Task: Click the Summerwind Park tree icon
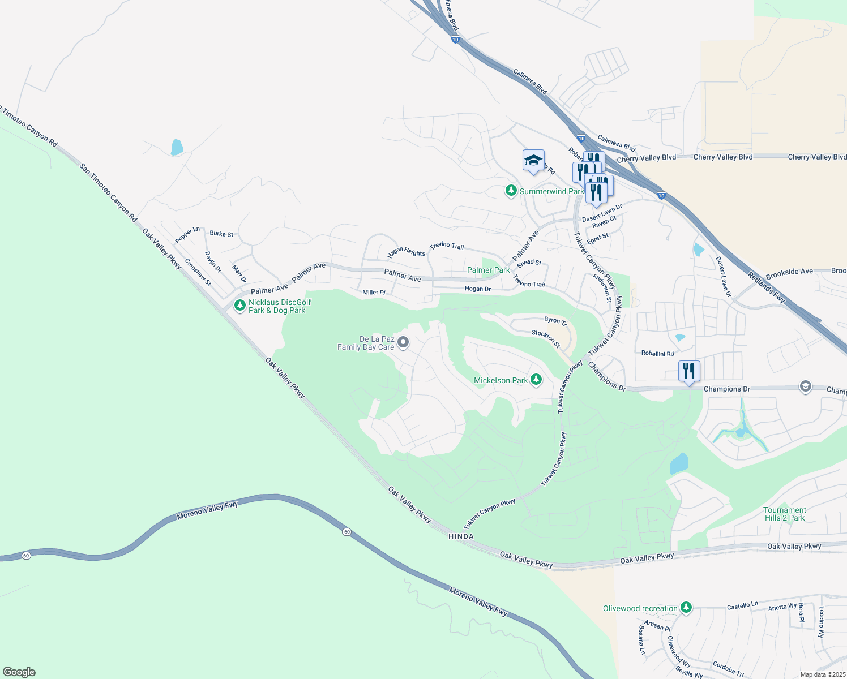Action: click(511, 191)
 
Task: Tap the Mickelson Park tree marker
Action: click(536, 380)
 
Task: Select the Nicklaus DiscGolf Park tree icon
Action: click(240, 306)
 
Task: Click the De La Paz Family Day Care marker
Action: click(403, 342)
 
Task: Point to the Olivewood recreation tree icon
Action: click(686, 608)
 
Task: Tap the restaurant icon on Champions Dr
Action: click(689, 371)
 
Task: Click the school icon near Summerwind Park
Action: click(533, 160)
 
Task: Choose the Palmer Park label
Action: click(488, 270)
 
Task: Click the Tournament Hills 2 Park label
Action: click(784, 514)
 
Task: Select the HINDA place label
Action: click(460, 536)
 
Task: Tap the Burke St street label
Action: click(221, 233)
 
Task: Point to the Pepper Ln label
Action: click(187, 235)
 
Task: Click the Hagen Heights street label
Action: click(406, 252)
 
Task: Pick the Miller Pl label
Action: click(374, 292)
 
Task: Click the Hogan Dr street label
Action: click(477, 289)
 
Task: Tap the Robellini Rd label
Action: click(657, 353)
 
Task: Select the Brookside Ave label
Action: click(789, 272)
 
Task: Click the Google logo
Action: click(19, 672)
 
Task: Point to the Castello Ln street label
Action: click(742, 605)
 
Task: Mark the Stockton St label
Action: click(546, 338)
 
